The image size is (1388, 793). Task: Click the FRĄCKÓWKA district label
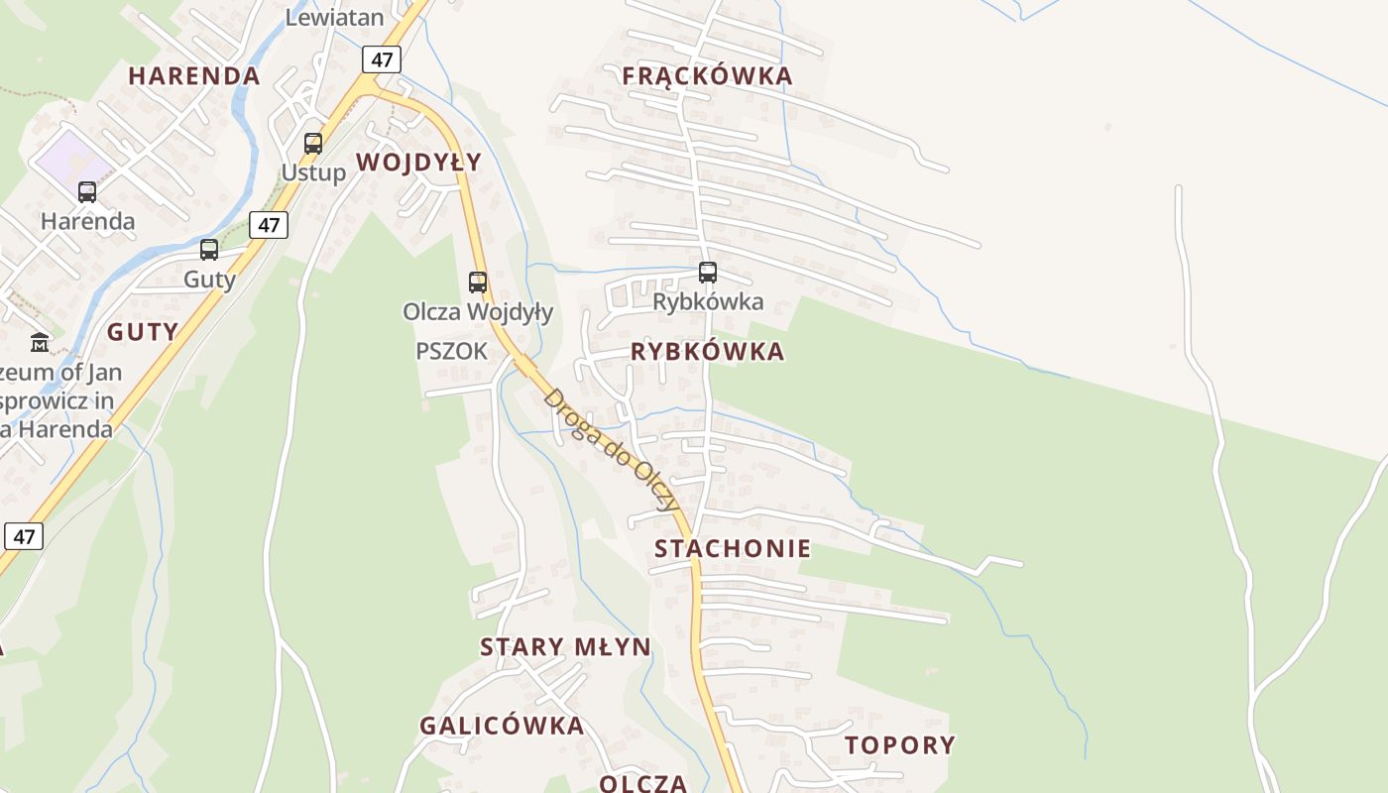[707, 76]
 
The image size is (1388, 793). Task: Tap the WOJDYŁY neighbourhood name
[418, 163]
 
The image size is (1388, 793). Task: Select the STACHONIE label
[733, 548]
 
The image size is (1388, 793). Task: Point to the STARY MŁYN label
[565, 647]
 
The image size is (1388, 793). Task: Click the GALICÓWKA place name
[502, 726]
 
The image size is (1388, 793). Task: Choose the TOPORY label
[900, 745]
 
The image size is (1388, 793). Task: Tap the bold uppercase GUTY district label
[143, 332]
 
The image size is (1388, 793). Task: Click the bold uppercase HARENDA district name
[194, 76]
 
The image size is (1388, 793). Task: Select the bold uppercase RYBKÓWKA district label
[707, 352]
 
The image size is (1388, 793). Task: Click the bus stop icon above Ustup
[313, 144]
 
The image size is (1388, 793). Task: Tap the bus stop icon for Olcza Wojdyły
[478, 283]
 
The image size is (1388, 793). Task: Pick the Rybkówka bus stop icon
[707, 272]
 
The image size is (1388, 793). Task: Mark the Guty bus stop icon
[209, 250]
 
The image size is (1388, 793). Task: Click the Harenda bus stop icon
[87, 192]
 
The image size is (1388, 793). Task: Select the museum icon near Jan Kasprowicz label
[40, 343]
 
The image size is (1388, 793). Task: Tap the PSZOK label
[451, 351]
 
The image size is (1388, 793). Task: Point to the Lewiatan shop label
[334, 17]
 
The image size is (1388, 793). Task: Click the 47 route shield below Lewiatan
[382, 59]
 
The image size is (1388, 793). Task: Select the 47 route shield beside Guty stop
[269, 225]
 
